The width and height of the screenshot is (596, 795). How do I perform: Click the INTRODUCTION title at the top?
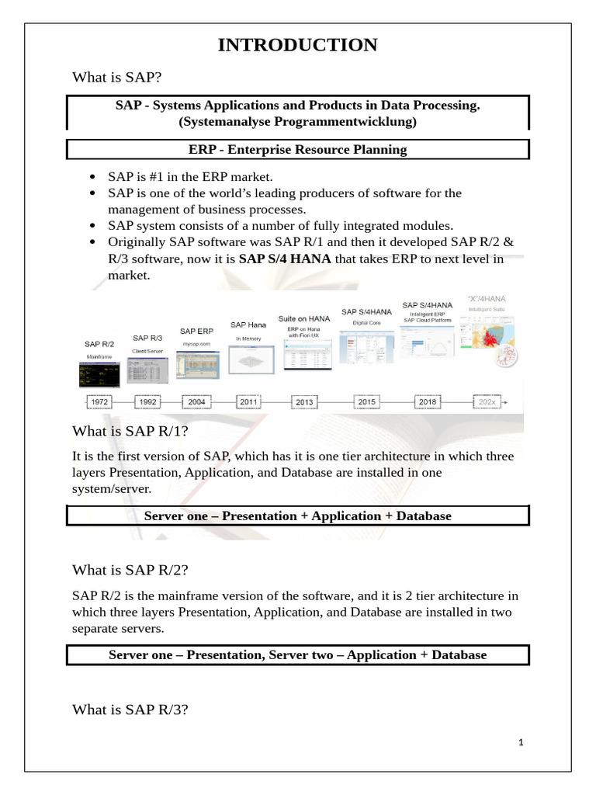(x=298, y=45)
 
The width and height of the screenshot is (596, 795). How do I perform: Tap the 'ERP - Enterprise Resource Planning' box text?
(x=298, y=149)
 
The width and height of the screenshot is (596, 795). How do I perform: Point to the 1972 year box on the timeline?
(x=99, y=402)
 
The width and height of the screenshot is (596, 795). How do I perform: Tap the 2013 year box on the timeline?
(x=304, y=402)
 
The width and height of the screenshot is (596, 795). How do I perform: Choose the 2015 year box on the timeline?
(x=366, y=401)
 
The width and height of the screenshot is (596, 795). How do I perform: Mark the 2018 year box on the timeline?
(x=427, y=401)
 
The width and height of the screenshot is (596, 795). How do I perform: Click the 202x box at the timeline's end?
(x=487, y=402)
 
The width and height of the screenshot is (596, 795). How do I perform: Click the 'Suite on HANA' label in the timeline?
(x=304, y=319)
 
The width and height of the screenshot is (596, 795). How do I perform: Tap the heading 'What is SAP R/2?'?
(x=130, y=570)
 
